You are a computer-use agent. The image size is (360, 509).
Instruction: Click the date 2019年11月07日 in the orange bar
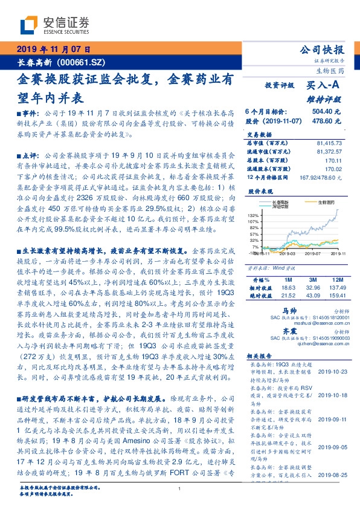coord(53,50)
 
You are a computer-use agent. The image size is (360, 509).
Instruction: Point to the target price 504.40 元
coord(326,112)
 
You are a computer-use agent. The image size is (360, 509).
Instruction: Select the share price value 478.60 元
coord(326,120)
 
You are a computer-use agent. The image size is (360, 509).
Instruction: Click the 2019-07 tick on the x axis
coord(304,254)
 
